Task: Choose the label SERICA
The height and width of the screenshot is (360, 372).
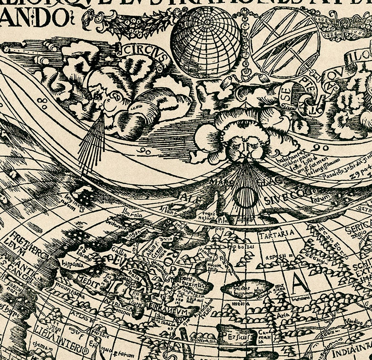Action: click(360, 230)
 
